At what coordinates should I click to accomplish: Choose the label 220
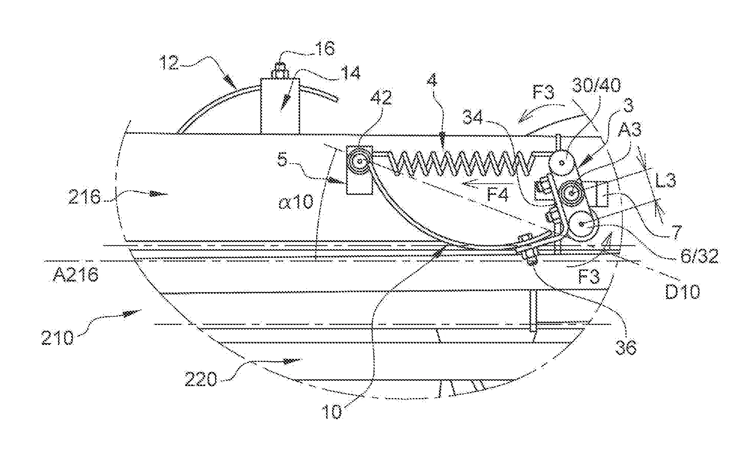click(x=201, y=378)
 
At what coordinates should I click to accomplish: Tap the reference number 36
click(x=625, y=347)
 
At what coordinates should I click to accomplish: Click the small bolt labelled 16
click(x=280, y=70)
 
